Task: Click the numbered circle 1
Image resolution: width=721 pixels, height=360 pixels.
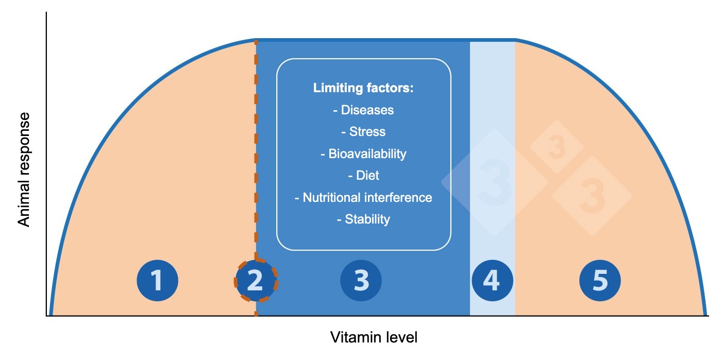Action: point(157,281)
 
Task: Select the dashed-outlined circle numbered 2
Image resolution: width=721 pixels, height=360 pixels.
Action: point(256,281)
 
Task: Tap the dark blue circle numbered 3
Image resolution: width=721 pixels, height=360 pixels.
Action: point(361,281)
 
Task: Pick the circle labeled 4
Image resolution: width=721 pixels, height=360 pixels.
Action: point(492,281)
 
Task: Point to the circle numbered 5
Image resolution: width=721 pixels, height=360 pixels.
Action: point(600,281)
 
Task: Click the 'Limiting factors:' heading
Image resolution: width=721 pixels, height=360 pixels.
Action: point(363,88)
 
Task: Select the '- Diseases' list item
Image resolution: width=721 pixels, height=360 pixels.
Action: point(363,110)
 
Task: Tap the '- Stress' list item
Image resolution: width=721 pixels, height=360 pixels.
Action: point(363,132)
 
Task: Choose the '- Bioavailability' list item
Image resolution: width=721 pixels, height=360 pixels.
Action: point(363,154)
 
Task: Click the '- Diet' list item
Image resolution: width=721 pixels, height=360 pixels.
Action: point(363,176)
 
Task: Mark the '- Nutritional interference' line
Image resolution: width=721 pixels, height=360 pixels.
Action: point(363,198)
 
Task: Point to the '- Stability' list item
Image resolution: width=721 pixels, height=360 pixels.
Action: point(363,219)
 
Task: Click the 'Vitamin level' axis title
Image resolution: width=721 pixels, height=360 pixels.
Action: point(374,338)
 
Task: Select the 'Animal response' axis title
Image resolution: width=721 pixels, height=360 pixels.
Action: point(24,170)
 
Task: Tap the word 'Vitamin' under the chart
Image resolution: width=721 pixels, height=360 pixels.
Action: point(351,338)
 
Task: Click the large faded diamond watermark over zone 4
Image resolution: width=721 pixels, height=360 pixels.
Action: point(494,182)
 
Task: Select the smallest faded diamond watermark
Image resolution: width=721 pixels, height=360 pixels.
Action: point(557,147)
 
